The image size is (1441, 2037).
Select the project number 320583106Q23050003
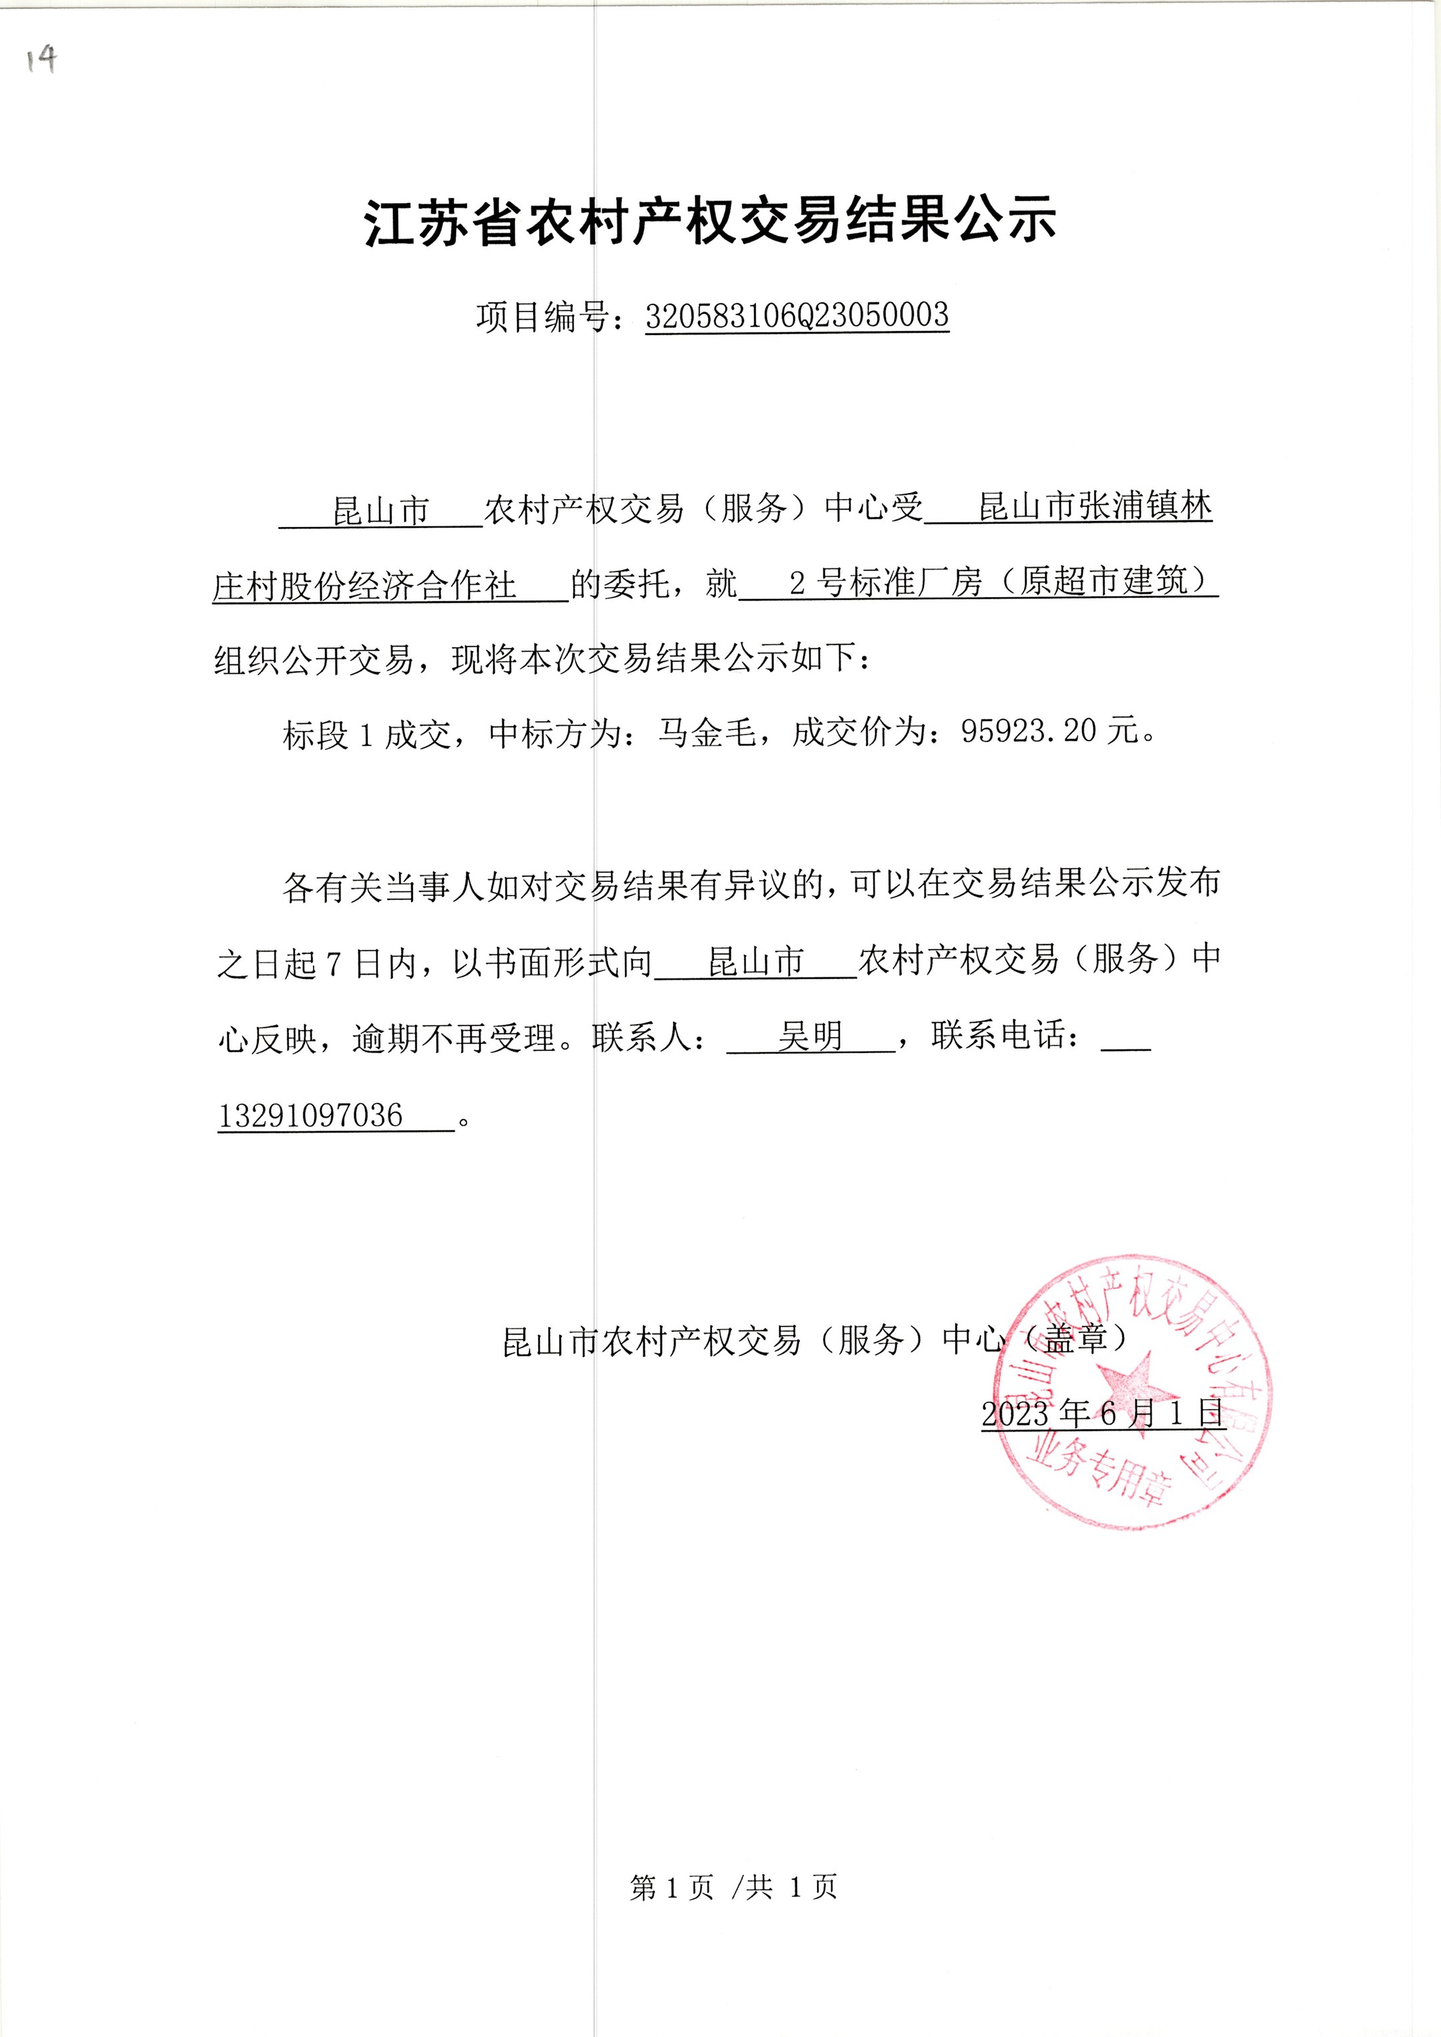coord(796,316)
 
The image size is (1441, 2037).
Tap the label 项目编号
coord(541,318)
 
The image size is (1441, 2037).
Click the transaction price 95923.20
coord(1029,731)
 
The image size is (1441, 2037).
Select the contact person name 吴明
coord(809,1036)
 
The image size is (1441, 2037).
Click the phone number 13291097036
coord(311,1115)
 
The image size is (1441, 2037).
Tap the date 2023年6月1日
coord(1103,1413)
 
